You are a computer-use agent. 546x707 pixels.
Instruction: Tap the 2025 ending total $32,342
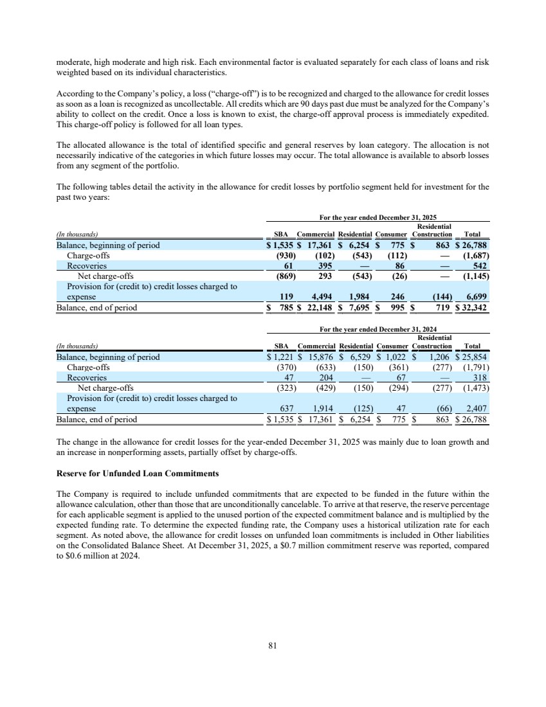475,308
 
